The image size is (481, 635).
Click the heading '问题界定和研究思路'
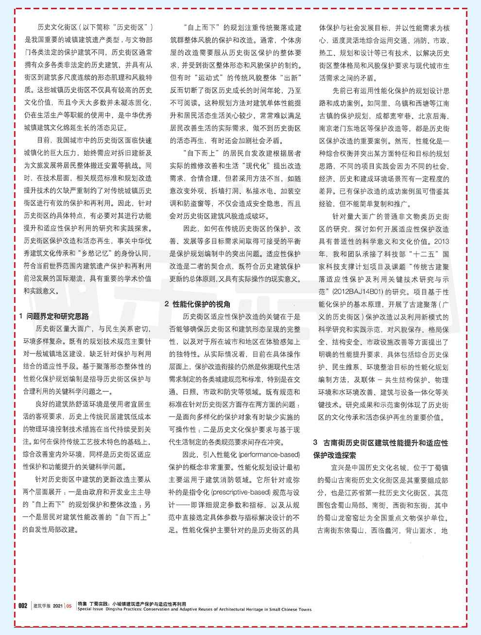click(58, 316)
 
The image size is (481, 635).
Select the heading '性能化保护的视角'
click(202, 304)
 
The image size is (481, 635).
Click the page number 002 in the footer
click(23, 605)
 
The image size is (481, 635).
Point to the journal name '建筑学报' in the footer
click(42, 606)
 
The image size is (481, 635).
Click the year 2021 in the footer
click(58, 606)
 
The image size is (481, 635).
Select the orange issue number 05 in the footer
click(69, 606)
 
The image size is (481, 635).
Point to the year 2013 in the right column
click(442, 241)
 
